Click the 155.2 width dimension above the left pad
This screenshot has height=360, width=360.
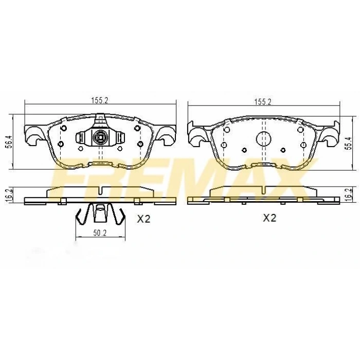(100, 101)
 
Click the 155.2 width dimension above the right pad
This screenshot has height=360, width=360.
(263, 102)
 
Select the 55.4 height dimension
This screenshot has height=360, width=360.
(349, 143)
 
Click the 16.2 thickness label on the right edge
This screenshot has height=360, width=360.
(349, 195)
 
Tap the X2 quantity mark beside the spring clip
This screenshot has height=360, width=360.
(143, 219)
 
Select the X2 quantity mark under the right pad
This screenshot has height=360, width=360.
(269, 218)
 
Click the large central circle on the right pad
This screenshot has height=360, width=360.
(263, 139)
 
